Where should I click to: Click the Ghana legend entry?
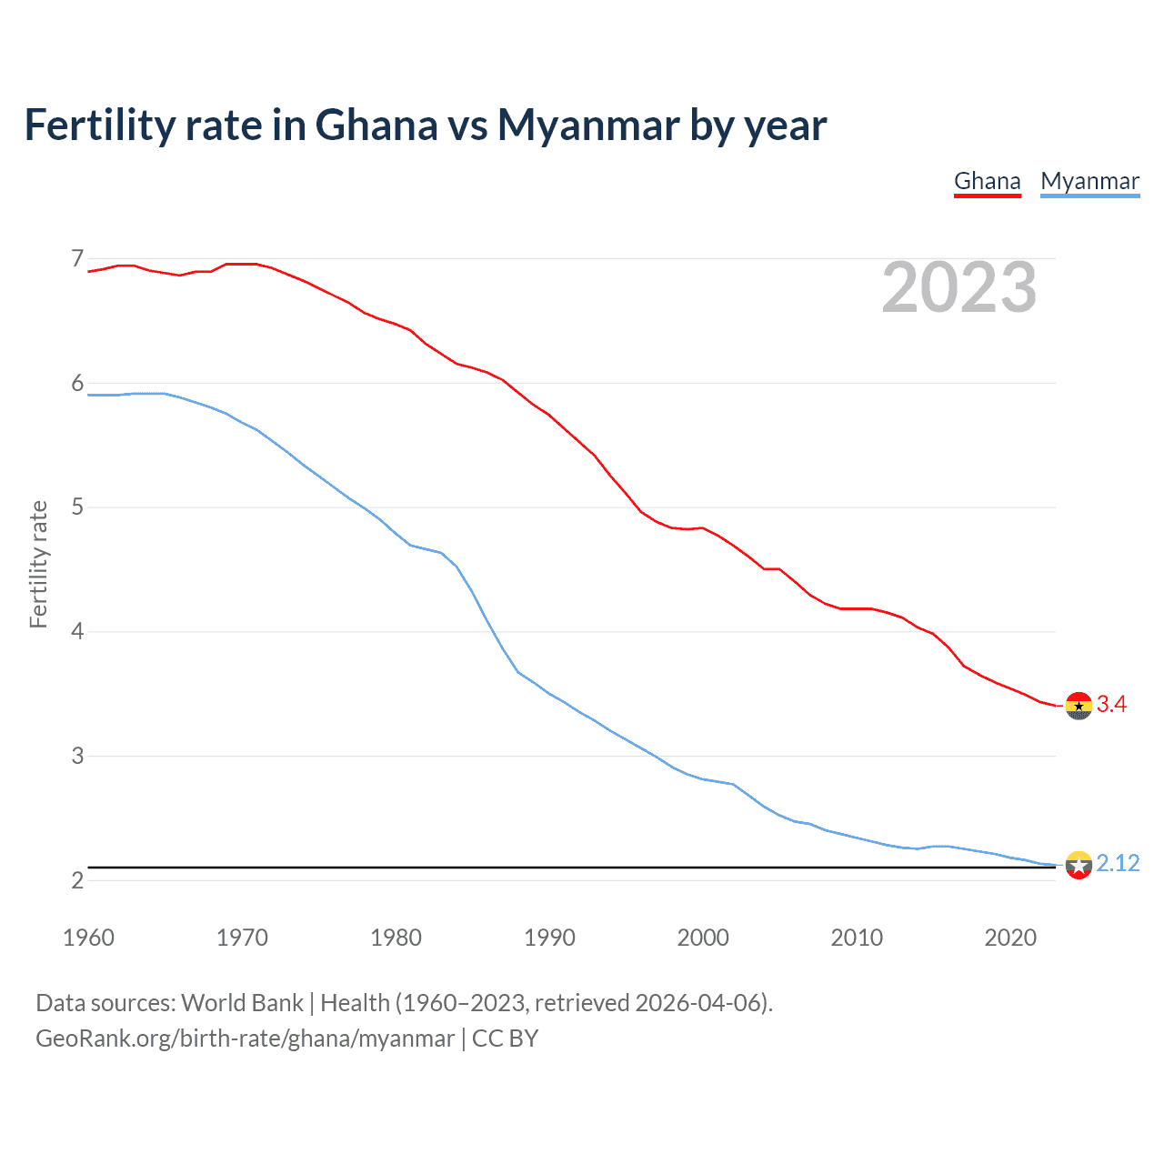point(987,181)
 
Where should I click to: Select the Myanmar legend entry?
point(1089,181)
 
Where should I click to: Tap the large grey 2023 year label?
point(958,287)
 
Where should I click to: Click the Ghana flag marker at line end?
point(1079,706)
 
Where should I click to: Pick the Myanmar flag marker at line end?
point(1079,865)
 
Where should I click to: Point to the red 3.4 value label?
point(1111,705)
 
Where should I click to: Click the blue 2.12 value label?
point(1118,863)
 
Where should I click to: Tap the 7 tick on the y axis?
point(77,259)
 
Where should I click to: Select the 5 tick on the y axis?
point(77,507)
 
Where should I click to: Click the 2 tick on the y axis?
point(77,880)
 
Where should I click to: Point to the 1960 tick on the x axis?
point(88,938)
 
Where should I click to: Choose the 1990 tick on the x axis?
point(549,938)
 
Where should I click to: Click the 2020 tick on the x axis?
point(1010,938)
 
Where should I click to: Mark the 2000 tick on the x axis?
point(703,938)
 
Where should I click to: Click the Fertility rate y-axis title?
point(38,564)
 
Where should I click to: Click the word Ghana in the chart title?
point(376,125)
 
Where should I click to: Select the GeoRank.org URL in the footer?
point(245,1039)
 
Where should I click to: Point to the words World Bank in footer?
point(242,1003)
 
